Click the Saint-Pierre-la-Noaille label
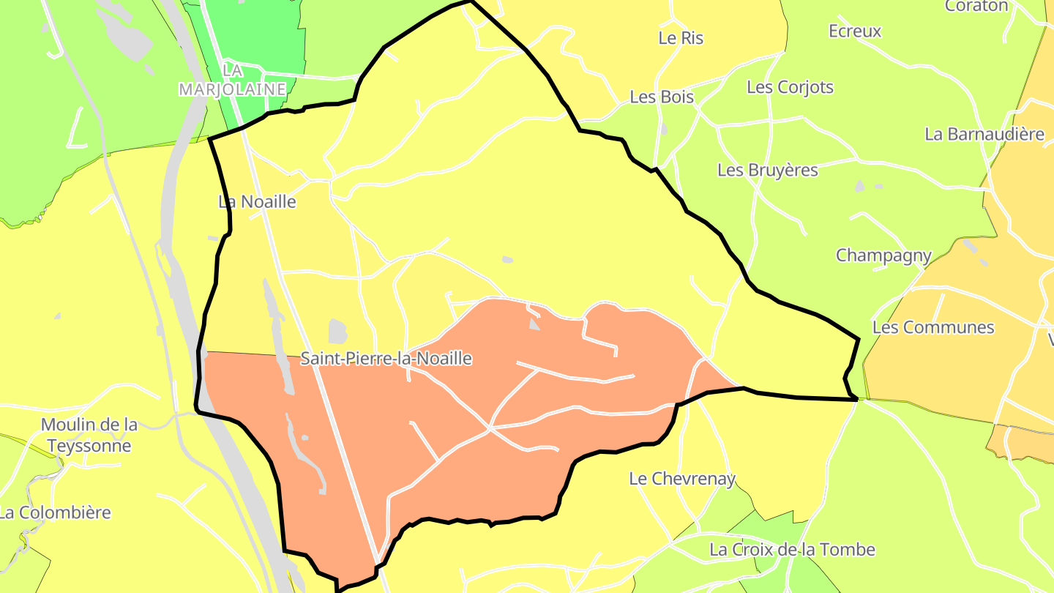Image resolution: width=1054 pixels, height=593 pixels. (x=386, y=359)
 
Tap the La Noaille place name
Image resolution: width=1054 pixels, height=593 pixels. (x=257, y=201)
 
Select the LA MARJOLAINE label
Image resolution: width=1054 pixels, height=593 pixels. (x=232, y=80)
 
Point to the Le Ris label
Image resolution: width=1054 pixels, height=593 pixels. (x=681, y=38)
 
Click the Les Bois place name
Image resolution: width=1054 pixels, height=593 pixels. (x=662, y=97)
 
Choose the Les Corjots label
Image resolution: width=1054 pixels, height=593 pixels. (x=790, y=87)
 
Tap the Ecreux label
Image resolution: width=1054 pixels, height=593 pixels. (x=855, y=31)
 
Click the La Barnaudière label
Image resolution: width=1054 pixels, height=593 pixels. (x=984, y=134)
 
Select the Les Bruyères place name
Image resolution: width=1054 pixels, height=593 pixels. (x=768, y=170)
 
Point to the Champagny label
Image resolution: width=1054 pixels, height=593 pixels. (x=883, y=256)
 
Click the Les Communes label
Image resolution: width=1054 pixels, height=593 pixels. (x=933, y=327)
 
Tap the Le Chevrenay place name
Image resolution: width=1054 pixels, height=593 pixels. (x=682, y=479)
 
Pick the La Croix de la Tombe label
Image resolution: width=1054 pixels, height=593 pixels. (x=792, y=549)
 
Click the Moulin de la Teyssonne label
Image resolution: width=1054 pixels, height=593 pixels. (x=89, y=435)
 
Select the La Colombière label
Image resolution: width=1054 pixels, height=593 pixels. (x=55, y=512)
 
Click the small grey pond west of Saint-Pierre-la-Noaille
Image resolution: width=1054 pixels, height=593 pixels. (x=337, y=331)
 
